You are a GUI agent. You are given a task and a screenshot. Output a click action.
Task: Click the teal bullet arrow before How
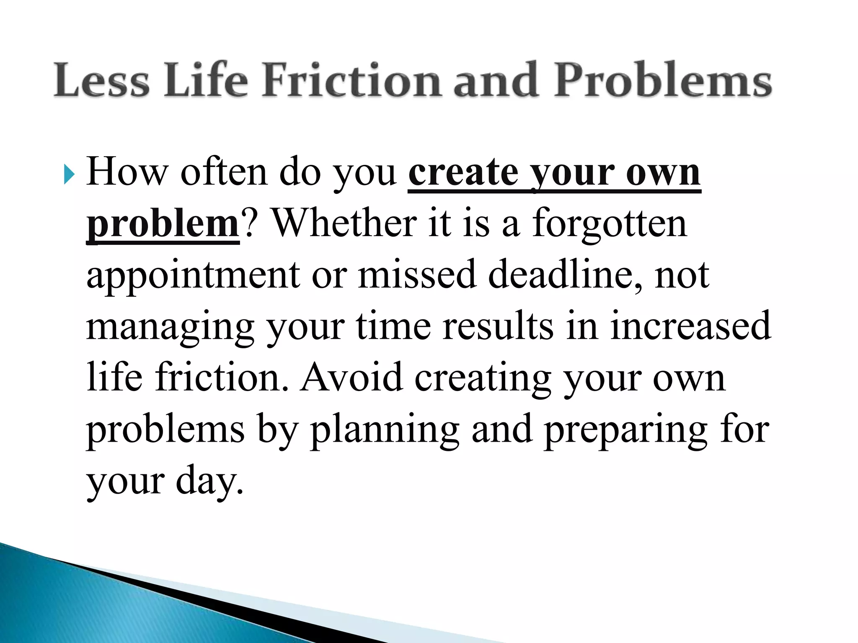tap(69, 175)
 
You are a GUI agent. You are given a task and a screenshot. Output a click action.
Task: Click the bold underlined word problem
tap(163, 224)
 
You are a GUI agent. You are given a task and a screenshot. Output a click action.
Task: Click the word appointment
tap(193, 275)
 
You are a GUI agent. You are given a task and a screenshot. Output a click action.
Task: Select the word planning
tap(385, 430)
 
